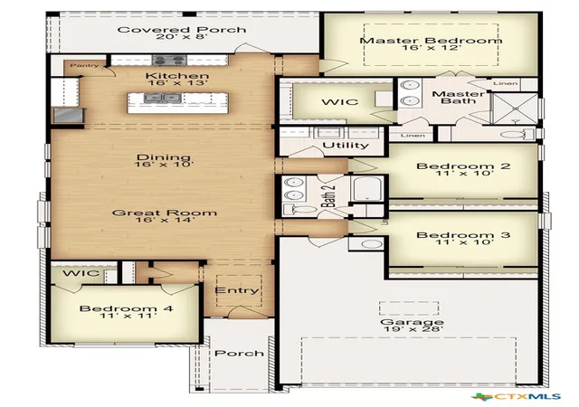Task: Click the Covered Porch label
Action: [182, 30]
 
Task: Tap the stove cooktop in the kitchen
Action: [169, 60]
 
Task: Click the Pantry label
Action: [84, 65]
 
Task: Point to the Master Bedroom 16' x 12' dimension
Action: [432, 48]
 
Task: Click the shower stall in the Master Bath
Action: [516, 109]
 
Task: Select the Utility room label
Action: [346, 145]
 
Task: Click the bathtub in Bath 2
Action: [366, 189]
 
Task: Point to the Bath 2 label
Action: [329, 195]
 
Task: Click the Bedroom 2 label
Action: [463, 166]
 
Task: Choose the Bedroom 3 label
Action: [463, 235]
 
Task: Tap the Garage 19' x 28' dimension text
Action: [413, 328]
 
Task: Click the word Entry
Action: [237, 290]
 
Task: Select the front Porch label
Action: [239, 353]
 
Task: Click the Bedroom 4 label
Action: [127, 308]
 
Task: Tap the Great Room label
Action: [165, 213]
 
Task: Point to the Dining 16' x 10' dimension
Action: [164, 164]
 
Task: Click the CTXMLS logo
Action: [517, 397]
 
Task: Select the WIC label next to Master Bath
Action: [340, 101]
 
